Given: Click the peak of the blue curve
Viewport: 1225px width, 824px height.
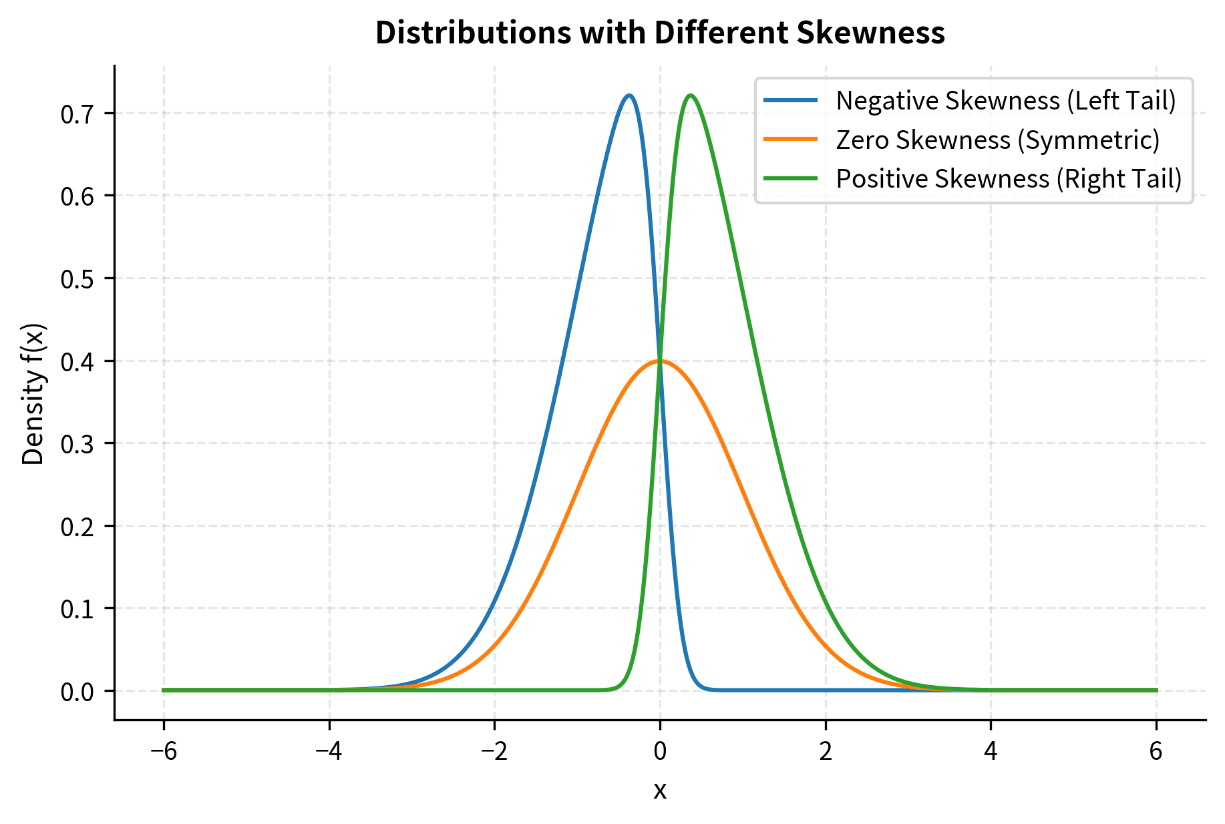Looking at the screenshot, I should pos(629,95).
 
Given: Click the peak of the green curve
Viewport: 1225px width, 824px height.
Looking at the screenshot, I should pos(690,95).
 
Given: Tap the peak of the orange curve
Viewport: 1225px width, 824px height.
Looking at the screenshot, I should pos(660,361).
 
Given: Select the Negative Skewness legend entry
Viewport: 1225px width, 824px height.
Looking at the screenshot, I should pos(1005,101).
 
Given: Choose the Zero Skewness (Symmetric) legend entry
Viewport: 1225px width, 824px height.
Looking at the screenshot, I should pos(997,140).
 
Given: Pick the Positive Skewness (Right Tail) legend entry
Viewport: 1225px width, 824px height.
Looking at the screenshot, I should pos(1009,179).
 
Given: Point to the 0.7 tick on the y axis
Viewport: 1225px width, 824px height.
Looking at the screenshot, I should pos(78,114).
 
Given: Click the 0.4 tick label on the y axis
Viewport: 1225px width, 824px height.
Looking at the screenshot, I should pos(78,361).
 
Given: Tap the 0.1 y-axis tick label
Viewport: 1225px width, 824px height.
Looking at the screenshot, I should pos(78,609).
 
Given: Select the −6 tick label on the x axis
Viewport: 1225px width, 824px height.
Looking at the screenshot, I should pos(163,752).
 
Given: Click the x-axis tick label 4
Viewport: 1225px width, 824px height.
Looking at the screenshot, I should pos(991,752).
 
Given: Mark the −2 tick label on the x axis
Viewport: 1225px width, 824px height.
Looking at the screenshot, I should pos(494,752).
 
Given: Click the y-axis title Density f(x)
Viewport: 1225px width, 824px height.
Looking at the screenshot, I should pos(33,394).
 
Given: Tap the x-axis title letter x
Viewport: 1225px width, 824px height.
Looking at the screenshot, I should pos(660,791).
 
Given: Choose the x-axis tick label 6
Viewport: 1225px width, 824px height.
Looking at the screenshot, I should pos(1156,752).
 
